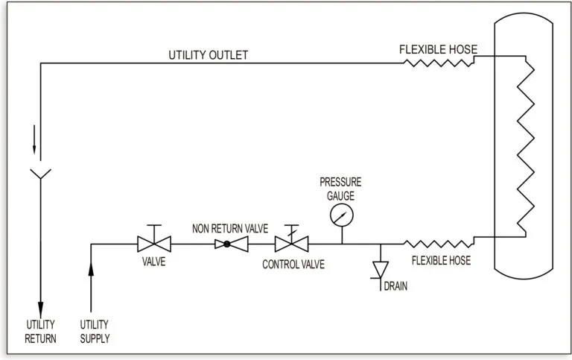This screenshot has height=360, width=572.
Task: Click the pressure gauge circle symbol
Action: click(342, 215)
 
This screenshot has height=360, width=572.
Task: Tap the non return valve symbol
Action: click(227, 244)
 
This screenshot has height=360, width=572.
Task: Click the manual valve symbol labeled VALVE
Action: click(154, 243)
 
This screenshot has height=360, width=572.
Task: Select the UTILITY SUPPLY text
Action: click(95, 331)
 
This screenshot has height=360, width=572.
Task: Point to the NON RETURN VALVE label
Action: click(229, 229)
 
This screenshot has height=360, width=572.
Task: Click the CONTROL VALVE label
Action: click(291, 264)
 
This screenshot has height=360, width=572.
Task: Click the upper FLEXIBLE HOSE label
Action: click(438, 50)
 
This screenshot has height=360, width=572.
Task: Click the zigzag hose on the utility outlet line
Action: click(439, 63)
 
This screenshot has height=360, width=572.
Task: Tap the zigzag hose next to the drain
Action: click(438, 243)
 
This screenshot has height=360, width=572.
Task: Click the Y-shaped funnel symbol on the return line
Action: click(40, 175)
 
